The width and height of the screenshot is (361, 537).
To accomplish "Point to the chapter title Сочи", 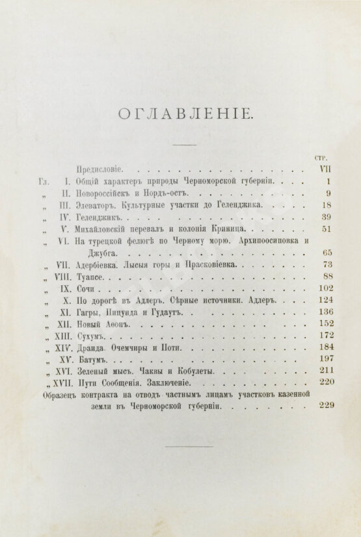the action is click(x=87, y=288).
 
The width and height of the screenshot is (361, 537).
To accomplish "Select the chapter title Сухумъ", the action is click(x=92, y=335).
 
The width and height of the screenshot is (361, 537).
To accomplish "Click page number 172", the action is click(x=323, y=335).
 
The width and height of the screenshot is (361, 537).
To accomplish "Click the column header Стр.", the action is click(x=319, y=157).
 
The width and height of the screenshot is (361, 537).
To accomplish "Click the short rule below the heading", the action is click(x=185, y=144).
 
